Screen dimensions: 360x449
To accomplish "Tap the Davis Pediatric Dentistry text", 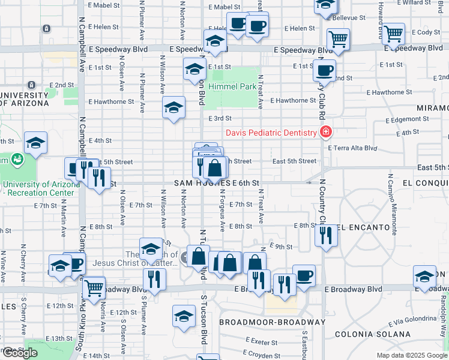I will pos(271,133).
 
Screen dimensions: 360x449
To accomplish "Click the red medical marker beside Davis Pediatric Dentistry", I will pos(326,132).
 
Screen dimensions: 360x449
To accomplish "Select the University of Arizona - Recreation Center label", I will pos(41,188).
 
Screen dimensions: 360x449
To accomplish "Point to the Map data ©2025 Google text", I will pos(411,355).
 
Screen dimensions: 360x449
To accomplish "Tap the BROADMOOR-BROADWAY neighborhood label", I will pos(272,322).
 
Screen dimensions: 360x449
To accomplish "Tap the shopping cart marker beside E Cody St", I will pos(393,35).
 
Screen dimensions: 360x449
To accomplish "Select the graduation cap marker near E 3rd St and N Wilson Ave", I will pos(174,107).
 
